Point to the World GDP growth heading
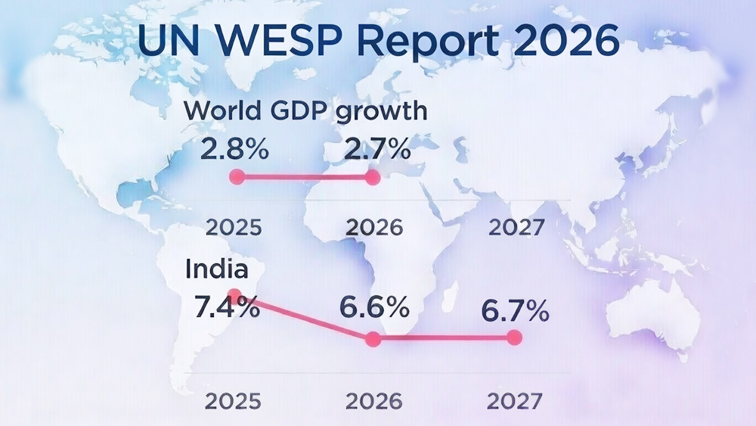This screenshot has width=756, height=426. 305,111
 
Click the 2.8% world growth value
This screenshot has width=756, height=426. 234,149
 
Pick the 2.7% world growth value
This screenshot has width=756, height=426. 377,149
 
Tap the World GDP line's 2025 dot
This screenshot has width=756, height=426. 237,177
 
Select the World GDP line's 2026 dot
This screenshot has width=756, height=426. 372,177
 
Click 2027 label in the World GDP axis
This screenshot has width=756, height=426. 516,227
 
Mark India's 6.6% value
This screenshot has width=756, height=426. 374,307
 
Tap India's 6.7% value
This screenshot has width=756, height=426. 515,311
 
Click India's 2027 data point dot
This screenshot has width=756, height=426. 515,337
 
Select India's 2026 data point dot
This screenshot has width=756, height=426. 372,339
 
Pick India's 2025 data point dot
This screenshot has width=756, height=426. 234,294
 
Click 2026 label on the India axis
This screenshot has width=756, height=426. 374,400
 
